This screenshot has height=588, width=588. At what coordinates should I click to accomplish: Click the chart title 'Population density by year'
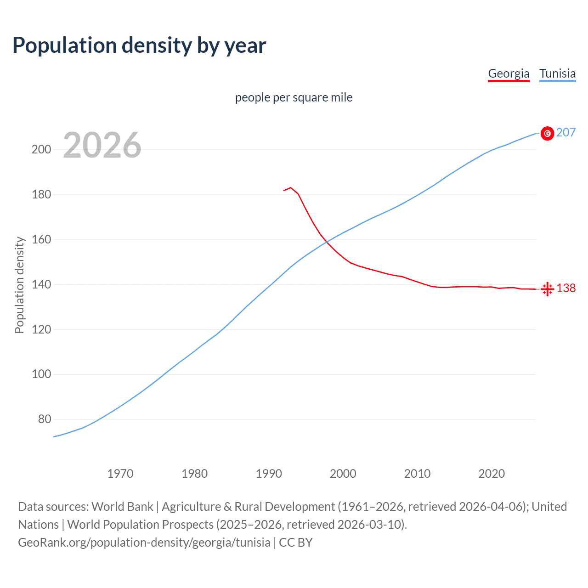pyautogui.click(x=139, y=45)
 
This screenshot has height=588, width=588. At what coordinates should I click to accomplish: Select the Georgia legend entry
pyautogui.click(x=509, y=73)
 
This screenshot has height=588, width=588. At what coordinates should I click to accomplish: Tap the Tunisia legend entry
pyautogui.click(x=557, y=73)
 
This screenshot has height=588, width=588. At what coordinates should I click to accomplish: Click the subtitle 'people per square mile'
pyautogui.click(x=294, y=97)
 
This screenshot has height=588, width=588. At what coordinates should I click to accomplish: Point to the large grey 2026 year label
pyautogui.click(x=102, y=145)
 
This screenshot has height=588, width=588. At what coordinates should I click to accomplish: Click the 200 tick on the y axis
pyautogui.click(x=41, y=150)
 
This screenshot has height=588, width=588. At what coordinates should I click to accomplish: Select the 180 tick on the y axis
pyautogui.click(x=41, y=195)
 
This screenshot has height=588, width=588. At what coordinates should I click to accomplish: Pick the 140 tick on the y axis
pyautogui.click(x=41, y=285)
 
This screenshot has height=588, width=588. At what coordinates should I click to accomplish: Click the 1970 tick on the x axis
pyautogui.click(x=120, y=474)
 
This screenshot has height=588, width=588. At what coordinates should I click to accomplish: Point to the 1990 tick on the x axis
pyautogui.click(x=269, y=474)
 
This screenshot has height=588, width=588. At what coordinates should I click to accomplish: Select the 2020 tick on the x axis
pyautogui.click(x=492, y=474)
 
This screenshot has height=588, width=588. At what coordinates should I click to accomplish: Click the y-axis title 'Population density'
pyautogui.click(x=19, y=285)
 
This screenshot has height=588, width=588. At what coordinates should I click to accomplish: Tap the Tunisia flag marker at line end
pyautogui.click(x=547, y=133)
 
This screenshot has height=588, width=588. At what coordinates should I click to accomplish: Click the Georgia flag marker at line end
pyautogui.click(x=547, y=289)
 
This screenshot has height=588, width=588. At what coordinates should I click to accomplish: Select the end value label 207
pyautogui.click(x=565, y=133)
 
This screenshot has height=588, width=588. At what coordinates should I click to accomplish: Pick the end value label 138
pyautogui.click(x=566, y=288)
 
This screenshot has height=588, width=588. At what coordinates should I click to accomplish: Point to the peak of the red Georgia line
pyautogui.click(x=290, y=187)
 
